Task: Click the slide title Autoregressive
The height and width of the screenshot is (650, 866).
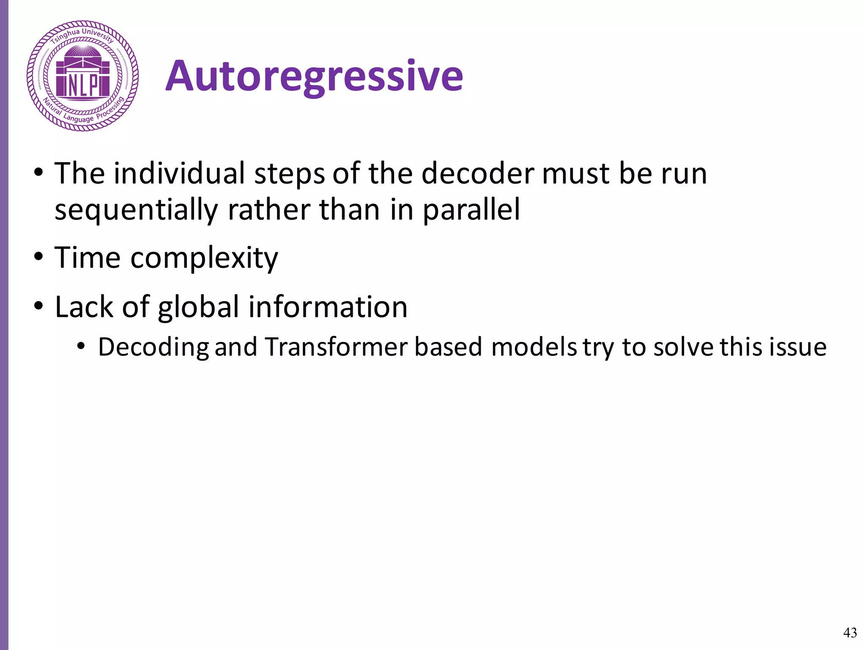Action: point(314,76)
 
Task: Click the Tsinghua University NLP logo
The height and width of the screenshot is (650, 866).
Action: point(83,76)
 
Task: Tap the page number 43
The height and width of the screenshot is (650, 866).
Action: point(850,632)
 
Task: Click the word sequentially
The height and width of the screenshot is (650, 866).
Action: point(136,210)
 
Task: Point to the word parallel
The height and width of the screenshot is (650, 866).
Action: point(471,210)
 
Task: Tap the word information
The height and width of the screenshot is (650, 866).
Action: point(328,306)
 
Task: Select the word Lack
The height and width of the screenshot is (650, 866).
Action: point(84,306)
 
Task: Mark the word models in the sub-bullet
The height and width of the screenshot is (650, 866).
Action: point(534,347)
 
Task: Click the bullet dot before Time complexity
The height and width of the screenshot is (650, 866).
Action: point(39,257)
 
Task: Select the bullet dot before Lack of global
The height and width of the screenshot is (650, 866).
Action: point(39,306)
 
